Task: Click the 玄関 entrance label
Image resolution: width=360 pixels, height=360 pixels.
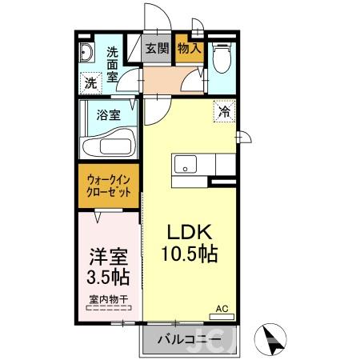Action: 157,48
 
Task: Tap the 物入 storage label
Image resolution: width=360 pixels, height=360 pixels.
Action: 189,48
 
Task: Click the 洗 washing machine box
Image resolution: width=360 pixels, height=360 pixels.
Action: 91,82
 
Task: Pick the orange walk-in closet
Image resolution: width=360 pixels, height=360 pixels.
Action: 109,187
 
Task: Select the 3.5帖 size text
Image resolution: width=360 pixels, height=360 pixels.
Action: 107,278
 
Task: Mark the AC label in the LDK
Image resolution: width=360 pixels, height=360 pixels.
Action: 222,307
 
